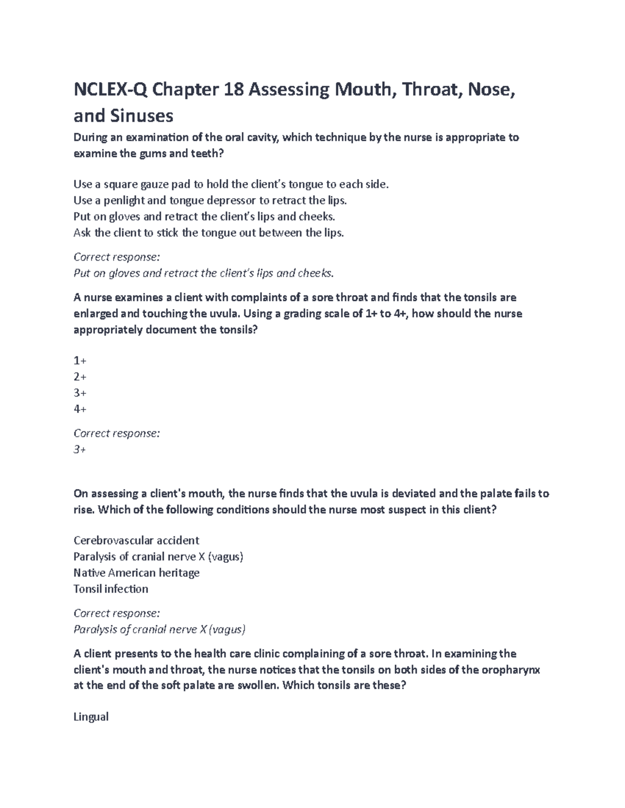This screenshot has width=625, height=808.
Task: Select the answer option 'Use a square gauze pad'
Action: tap(231, 184)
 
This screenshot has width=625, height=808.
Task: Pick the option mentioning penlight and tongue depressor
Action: tap(210, 200)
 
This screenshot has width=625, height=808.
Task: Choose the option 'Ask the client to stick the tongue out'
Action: tap(209, 233)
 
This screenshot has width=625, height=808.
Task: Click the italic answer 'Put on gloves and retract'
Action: tap(203, 273)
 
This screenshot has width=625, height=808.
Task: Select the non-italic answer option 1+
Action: tap(80, 361)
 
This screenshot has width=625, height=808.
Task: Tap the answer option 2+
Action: tap(80, 377)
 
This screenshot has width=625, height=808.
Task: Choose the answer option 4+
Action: tap(80, 409)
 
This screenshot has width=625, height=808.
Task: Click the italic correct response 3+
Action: tap(80, 450)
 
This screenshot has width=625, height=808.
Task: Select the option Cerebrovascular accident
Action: tap(136, 541)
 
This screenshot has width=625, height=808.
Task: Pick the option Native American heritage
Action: tap(136, 573)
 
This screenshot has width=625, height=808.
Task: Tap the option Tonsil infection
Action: tap(111, 589)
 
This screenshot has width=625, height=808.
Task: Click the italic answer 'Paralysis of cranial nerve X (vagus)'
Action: tap(159, 630)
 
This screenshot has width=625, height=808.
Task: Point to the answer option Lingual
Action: tap(91, 717)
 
